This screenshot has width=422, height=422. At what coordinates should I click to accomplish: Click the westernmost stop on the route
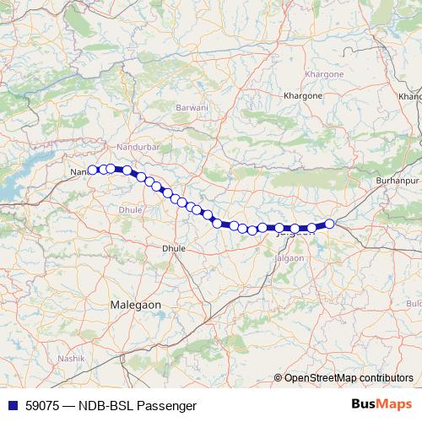[x=93, y=170]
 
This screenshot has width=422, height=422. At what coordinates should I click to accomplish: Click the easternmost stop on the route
[x=330, y=224]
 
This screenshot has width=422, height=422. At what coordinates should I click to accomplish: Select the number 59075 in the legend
[x=41, y=405]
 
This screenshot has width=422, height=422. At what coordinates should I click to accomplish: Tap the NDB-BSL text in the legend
[x=105, y=405]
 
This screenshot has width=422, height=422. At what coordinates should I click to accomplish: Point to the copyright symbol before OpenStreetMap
[x=278, y=377]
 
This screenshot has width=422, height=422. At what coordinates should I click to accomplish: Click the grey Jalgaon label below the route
[x=289, y=257]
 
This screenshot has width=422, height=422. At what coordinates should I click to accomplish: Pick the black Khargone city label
[x=304, y=96]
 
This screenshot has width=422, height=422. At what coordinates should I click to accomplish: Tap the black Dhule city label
[x=173, y=249]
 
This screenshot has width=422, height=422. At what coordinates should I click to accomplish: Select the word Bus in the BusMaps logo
[x=365, y=404]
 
